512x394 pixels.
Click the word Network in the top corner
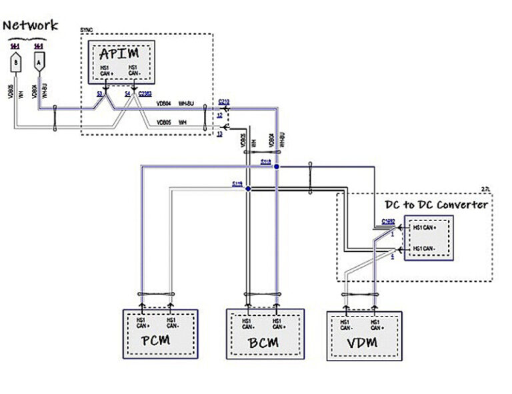click(31, 26)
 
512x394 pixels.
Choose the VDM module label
click(363, 343)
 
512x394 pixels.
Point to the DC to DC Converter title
click(437, 205)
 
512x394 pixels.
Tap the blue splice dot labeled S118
click(277, 166)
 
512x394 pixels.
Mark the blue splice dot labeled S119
click(248, 189)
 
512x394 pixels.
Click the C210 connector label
click(224, 102)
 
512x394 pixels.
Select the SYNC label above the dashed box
click(87, 31)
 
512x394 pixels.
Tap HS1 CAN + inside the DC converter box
click(425, 229)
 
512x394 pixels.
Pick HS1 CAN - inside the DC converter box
click(425, 248)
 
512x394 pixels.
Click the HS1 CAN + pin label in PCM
click(141, 323)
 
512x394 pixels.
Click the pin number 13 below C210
click(219, 134)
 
